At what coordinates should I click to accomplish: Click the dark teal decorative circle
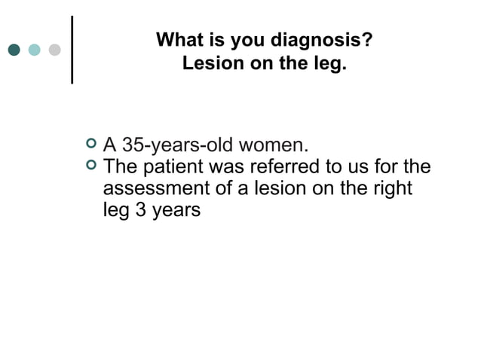[x=14, y=50]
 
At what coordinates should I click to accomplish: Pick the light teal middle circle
[x=35, y=50]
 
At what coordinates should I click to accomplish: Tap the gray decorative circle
[x=55, y=50]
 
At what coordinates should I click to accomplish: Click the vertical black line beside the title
[x=72, y=48]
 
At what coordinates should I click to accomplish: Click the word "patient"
[x=178, y=165]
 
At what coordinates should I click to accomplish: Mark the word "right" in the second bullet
[x=394, y=188]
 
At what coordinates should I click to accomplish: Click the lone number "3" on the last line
[x=139, y=209]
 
